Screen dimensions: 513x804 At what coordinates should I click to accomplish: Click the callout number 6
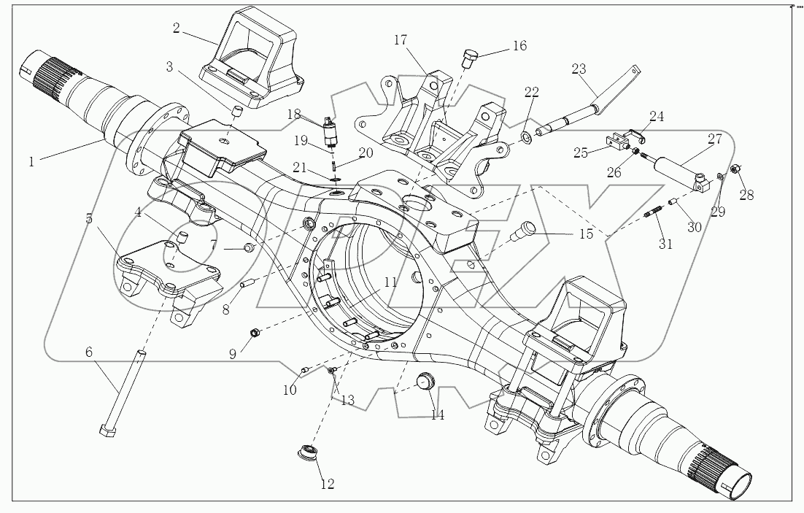pos(89,352)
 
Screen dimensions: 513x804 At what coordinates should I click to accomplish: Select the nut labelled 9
pos(255,333)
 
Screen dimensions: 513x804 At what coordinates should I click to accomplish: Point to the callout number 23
pos(579,70)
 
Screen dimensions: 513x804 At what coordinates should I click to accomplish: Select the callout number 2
pos(176,28)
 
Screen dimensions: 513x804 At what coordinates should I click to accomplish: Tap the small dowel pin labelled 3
pos(236,110)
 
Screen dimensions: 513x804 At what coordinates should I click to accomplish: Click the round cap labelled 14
pos(425,382)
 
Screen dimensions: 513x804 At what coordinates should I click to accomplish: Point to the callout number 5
pos(89,218)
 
